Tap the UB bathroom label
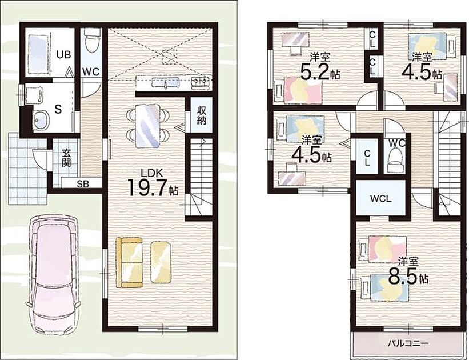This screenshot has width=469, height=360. (x=64, y=54)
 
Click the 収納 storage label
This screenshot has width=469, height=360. (x=202, y=115)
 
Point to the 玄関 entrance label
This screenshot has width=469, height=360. (x=66, y=158)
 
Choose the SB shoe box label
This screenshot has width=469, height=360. (x=83, y=184)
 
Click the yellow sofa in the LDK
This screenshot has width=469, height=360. (x=129, y=262)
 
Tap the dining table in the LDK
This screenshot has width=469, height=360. (x=148, y=126)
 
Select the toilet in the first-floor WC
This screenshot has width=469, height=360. (x=90, y=41)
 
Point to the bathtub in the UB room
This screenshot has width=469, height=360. (x=38, y=54)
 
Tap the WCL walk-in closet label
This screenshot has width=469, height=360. (x=380, y=198)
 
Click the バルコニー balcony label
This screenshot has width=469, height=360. (x=408, y=343)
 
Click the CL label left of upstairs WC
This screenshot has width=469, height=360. (x=367, y=158)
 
